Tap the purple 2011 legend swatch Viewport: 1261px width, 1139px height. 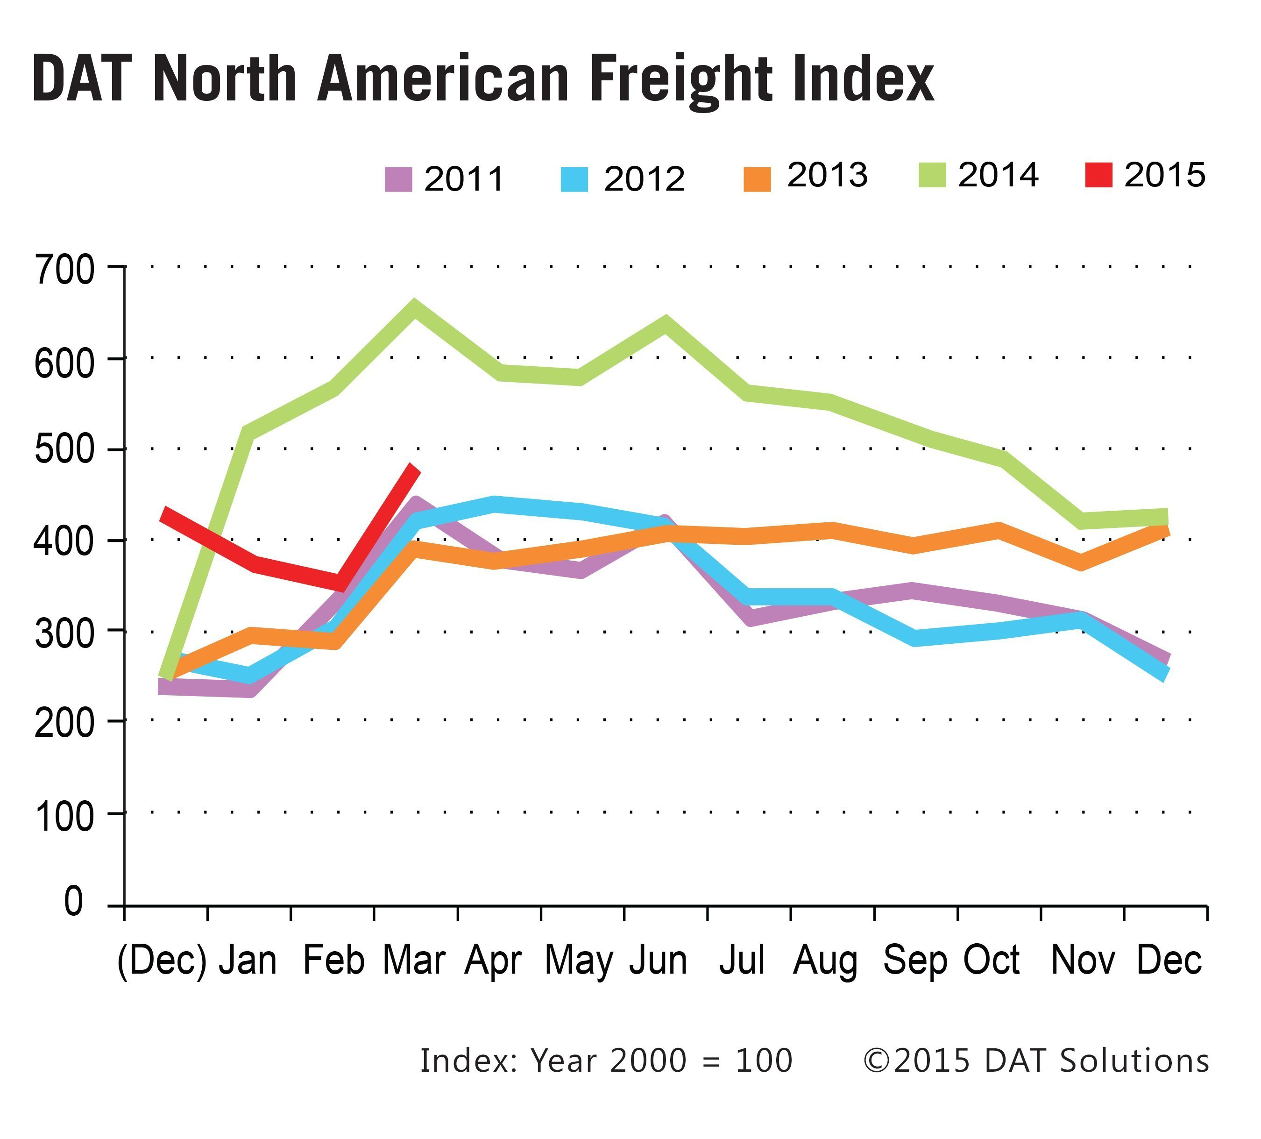[398, 179]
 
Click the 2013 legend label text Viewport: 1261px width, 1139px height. [827, 175]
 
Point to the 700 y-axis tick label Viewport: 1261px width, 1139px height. [64, 271]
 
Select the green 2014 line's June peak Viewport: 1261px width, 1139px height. [666, 324]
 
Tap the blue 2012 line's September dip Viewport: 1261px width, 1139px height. [914, 638]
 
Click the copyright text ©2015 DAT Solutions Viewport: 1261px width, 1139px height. [1035, 1060]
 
